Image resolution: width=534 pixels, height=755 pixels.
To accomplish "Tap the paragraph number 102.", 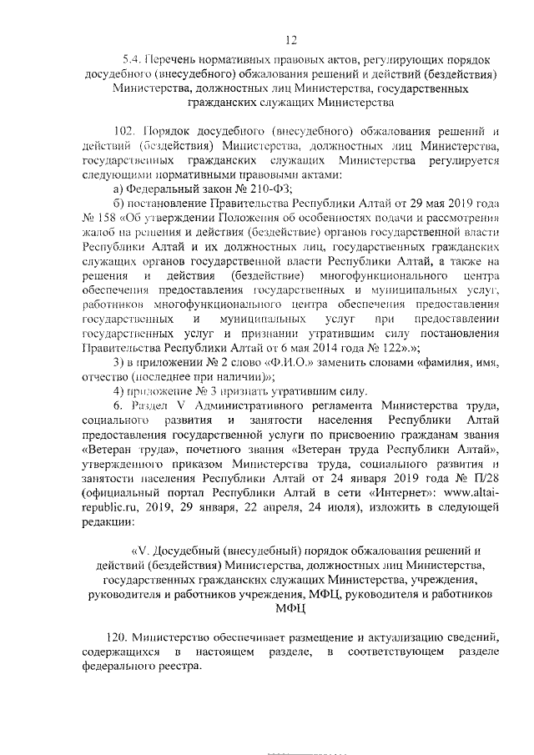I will (x=123, y=132).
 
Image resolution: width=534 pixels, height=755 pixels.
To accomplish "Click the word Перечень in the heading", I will (x=171, y=60).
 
